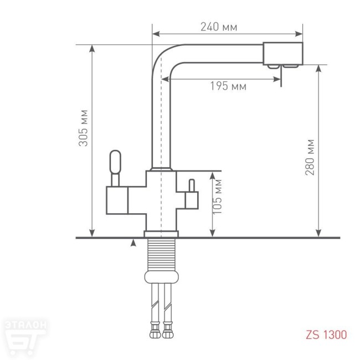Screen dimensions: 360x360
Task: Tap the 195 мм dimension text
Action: tap(228, 86)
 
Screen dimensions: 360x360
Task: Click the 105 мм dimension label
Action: tap(217, 197)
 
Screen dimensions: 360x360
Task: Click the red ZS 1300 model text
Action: tap(326, 335)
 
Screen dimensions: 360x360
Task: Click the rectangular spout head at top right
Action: tap(283, 53)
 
